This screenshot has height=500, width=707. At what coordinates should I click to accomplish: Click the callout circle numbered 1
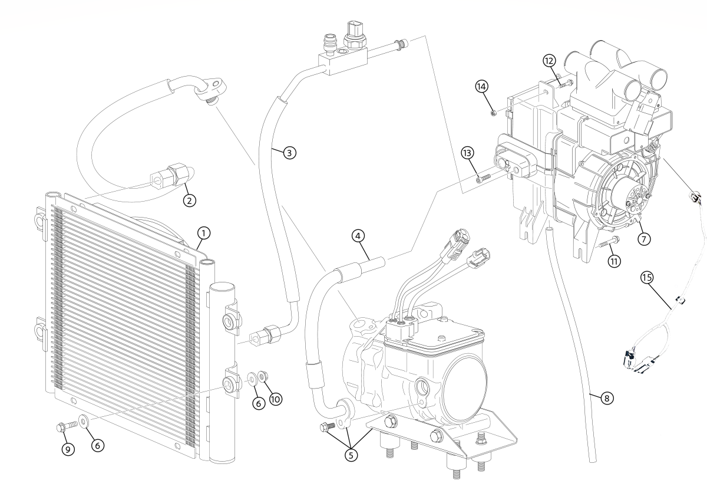202,233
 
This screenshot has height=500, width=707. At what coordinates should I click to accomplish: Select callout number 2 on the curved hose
189,200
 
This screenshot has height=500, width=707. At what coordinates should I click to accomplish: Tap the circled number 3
288,152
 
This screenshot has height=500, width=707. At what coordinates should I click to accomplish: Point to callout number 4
358,236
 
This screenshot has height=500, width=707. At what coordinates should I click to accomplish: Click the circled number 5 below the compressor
352,455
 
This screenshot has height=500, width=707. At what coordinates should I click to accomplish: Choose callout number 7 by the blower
643,239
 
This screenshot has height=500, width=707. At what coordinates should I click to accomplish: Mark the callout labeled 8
606,398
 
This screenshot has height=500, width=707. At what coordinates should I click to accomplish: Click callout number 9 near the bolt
68,449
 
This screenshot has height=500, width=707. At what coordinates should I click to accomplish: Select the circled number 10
275,399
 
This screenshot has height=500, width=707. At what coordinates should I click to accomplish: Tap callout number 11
615,261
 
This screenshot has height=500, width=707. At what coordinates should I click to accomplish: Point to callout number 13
468,153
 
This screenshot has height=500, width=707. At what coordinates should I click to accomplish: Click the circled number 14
482,86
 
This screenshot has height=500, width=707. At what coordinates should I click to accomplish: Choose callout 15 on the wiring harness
647,277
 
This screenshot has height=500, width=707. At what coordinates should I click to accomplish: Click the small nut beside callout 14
494,111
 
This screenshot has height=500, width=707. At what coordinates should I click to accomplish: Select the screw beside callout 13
484,175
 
